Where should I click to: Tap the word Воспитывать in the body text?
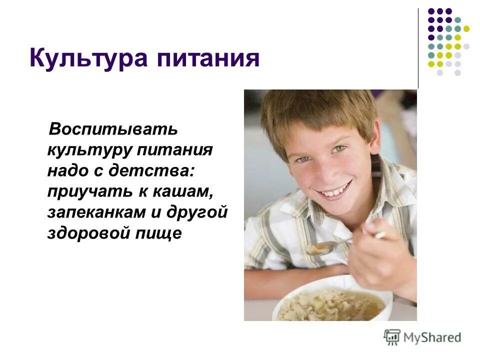[x=112, y=129]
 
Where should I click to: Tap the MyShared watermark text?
[x=433, y=337]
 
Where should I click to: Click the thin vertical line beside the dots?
[x=418, y=48]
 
